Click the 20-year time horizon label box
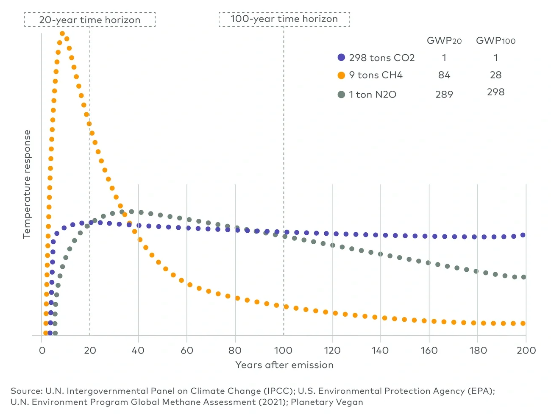(90, 19)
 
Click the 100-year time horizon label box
(284, 19)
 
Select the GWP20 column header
(444, 41)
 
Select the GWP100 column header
(495, 41)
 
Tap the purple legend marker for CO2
(341, 57)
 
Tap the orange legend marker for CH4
(341, 75)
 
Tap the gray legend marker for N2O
(341, 94)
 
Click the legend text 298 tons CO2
(381, 58)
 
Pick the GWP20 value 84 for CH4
(444, 75)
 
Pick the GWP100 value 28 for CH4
(495, 75)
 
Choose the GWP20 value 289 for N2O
(444, 95)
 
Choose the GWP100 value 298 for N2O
(495, 92)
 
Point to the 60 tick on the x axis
(187, 351)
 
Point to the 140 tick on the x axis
(380, 351)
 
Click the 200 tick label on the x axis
(526, 351)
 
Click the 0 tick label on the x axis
(42, 351)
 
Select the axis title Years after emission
(284, 365)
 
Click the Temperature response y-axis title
(27, 184)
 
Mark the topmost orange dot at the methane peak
(62, 33)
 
